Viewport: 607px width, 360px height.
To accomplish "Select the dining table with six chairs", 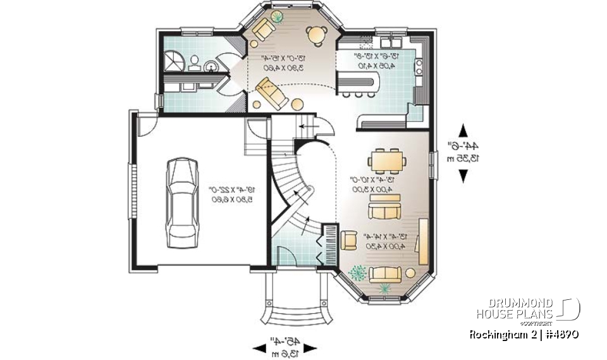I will [387, 160].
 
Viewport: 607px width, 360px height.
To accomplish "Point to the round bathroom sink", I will [211, 65].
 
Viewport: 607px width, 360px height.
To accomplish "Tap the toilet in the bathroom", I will [195, 63].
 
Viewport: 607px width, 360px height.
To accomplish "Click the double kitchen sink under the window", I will [389, 42].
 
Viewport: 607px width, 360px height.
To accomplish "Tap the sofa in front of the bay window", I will [386, 274].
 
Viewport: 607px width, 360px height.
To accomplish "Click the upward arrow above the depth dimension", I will [462, 130].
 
